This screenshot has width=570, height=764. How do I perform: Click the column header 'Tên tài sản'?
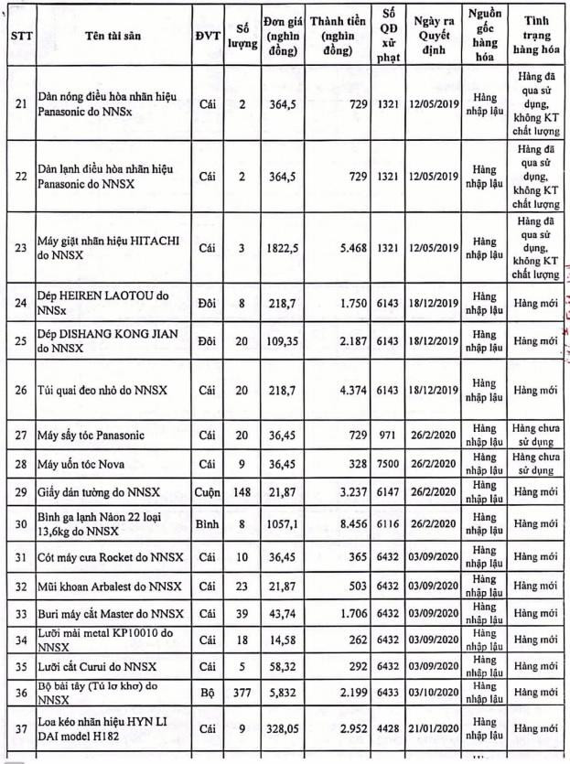coord(113,36)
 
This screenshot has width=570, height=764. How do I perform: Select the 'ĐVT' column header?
coord(209,36)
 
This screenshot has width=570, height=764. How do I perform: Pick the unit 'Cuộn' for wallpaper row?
coord(209,492)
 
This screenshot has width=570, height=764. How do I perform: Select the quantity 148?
coord(242,492)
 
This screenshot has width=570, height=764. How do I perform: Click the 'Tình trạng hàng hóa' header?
coord(536,36)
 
